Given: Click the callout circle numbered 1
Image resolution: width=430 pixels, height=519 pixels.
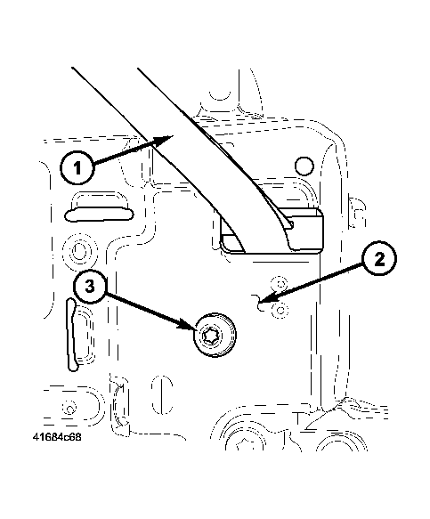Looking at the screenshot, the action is pyautogui.click(x=77, y=168).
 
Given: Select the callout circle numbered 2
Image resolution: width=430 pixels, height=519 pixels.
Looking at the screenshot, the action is pyautogui.click(x=379, y=258).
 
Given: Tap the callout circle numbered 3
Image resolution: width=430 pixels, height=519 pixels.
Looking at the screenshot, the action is pyautogui.click(x=90, y=286).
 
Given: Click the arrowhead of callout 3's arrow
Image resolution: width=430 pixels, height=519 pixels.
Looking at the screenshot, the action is pyautogui.click(x=188, y=325).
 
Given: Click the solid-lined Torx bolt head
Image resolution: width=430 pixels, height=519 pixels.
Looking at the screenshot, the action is pyautogui.click(x=215, y=335).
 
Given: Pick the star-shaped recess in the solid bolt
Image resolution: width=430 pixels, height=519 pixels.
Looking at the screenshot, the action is pyautogui.click(x=210, y=337).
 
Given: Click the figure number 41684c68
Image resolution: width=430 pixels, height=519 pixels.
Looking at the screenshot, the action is pyautogui.click(x=57, y=437).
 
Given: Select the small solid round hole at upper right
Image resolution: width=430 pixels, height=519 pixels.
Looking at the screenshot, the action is pyautogui.click(x=304, y=166).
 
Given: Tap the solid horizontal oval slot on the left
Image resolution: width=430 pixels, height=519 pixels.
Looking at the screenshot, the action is pyautogui.click(x=99, y=215).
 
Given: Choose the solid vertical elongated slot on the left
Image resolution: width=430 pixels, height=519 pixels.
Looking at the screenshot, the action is pyautogui.click(x=71, y=335).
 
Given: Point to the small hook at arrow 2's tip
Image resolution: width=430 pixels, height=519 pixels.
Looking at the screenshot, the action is pyautogui.click(x=258, y=303).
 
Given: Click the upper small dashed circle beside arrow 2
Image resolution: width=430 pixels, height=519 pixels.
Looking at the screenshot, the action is pyautogui.click(x=280, y=283).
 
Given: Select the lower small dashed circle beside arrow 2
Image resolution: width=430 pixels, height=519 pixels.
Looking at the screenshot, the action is pyautogui.click(x=280, y=310).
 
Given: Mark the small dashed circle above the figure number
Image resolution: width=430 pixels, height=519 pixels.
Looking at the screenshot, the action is pyautogui.click(x=69, y=409).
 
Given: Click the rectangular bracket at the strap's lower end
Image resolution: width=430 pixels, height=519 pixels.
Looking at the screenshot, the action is pyautogui.click(x=272, y=231).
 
